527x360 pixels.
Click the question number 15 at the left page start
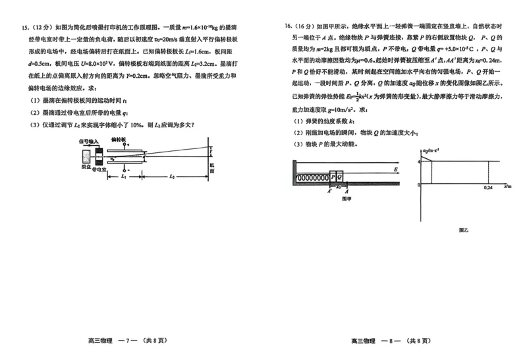[25, 28]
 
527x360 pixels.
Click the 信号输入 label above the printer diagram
[89, 140]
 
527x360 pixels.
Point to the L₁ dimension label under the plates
[124, 177]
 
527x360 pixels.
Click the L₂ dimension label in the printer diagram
[170, 177]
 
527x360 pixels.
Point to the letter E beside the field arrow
[395, 169]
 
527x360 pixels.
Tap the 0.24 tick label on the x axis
[488, 189]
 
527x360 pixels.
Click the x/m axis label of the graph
[508, 187]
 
